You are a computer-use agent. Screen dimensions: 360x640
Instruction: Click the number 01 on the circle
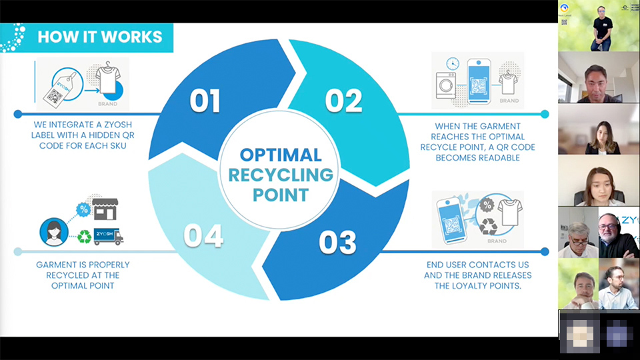click(205, 101)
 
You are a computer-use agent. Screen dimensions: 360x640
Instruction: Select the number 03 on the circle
click(337, 243)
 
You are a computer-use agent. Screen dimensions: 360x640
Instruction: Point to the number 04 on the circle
click(203, 237)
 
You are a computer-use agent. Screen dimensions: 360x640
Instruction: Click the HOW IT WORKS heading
click(99, 36)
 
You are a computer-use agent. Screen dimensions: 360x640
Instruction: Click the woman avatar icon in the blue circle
click(54, 231)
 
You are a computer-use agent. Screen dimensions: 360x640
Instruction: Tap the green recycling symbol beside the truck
click(85, 237)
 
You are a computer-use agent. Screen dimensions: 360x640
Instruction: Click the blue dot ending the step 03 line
click(545, 252)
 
